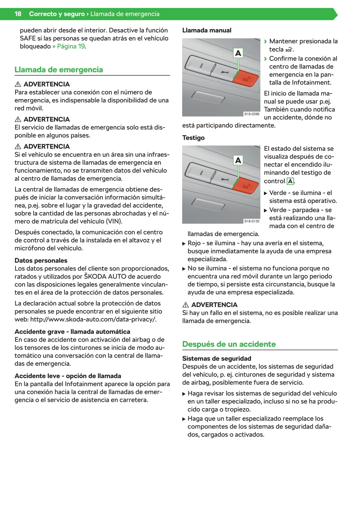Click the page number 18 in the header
(x=18, y=14)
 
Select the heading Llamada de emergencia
(x=59, y=70)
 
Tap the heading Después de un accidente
(x=229, y=344)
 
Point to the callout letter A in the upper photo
(x=238, y=53)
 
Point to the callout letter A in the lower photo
(x=238, y=160)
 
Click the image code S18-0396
(x=252, y=114)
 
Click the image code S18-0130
(x=252, y=221)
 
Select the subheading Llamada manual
(x=207, y=30)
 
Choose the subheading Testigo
(x=193, y=138)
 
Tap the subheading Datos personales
(x=41, y=260)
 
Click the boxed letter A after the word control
(x=290, y=181)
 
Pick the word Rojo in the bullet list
(x=194, y=243)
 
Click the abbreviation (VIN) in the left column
(x=114, y=221)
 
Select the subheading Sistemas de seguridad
(x=216, y=358)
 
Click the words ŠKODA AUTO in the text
(x=105, y=277)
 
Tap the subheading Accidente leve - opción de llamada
(x=68, y=376)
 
